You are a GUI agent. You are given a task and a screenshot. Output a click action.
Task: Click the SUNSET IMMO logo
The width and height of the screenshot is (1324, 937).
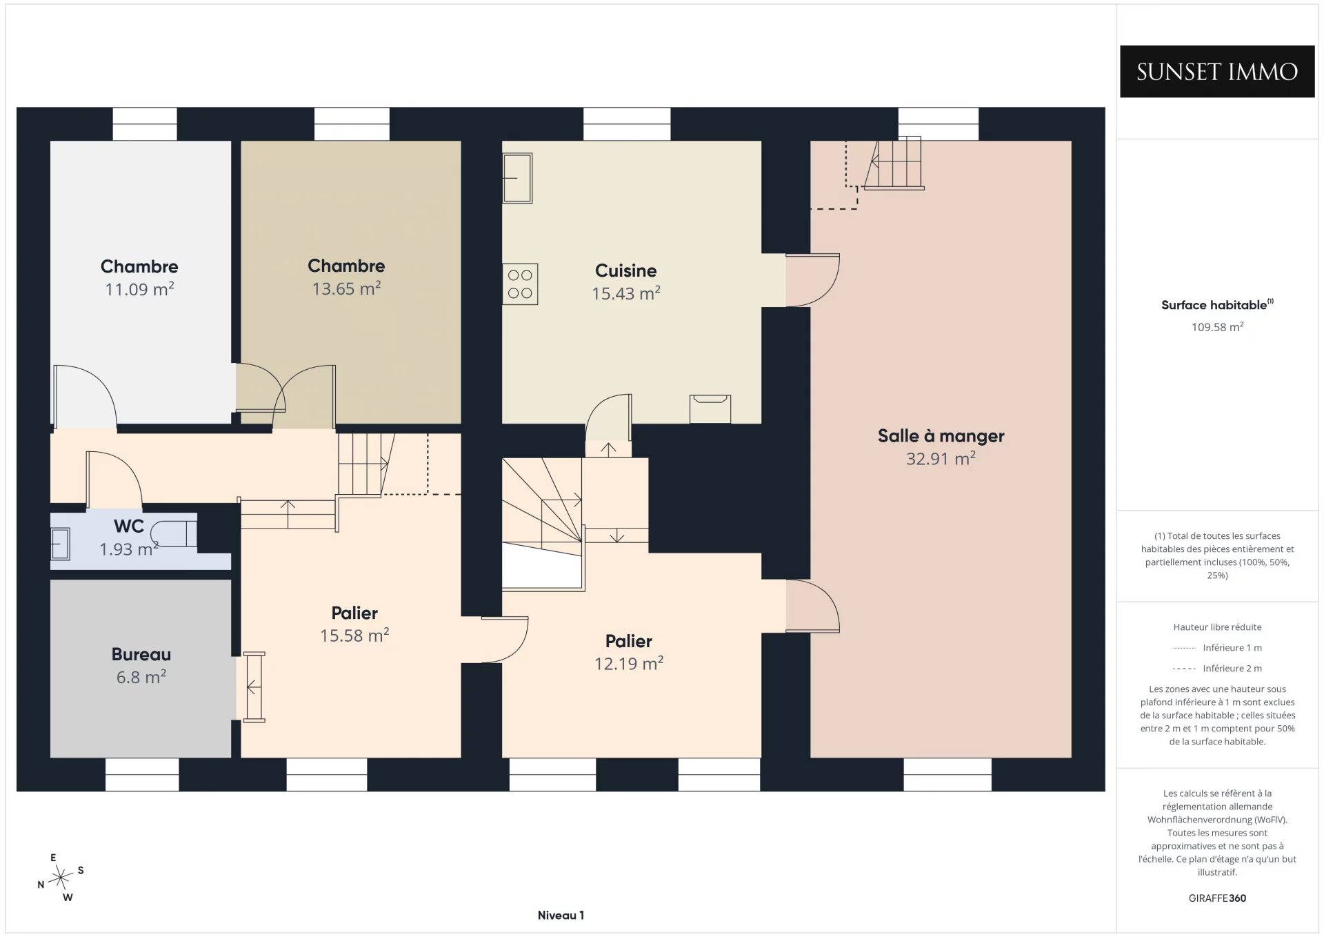tap(1217, 72)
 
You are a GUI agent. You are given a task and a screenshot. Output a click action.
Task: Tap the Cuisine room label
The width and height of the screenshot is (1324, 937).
tap(626, 270)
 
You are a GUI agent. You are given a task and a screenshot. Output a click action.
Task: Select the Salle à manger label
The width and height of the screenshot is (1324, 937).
tap(941, 436)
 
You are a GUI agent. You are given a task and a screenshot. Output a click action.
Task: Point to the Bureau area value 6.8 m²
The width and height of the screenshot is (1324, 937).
tap(141, 677)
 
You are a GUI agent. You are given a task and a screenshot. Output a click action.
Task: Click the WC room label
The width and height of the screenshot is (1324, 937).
tap(129, 526)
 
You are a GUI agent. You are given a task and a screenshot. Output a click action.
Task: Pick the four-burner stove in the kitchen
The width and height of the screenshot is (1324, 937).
tap(520, 284)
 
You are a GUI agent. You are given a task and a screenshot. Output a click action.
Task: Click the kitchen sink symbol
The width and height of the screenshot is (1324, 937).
tap(517, 178)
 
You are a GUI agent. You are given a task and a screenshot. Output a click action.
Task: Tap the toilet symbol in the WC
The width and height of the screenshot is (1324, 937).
tap(174, 534)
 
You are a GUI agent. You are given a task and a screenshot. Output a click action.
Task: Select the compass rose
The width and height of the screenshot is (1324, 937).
tap(61, 878)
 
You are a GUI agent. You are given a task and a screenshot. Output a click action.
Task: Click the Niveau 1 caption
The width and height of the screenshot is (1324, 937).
tap(561, 916)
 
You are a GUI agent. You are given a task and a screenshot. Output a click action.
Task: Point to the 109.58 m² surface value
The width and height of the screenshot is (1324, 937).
tap(1217, 327)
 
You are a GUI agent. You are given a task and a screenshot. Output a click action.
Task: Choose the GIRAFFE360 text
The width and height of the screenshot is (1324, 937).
tap(1217, 898)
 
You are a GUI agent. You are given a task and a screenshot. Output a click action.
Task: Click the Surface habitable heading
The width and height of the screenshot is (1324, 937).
tap(1215, 305)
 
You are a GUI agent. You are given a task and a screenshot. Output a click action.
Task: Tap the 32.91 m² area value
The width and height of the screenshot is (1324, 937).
tap(941, 459)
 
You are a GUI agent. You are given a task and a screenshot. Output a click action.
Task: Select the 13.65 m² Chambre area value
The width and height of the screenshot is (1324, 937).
tap(346, 288)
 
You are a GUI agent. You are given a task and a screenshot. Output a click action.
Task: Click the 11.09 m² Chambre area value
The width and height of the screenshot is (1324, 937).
tap(139, 289)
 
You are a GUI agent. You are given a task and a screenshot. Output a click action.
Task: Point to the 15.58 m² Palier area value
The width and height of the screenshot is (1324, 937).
tap(354, 635)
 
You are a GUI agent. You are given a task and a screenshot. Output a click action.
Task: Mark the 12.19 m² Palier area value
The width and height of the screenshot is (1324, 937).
tap(629, 664)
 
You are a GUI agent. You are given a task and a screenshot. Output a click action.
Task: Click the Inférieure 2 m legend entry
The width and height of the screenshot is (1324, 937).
tap(1217, 669)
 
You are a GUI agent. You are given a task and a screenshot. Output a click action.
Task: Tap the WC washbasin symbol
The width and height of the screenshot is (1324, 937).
tap(61, 544)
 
